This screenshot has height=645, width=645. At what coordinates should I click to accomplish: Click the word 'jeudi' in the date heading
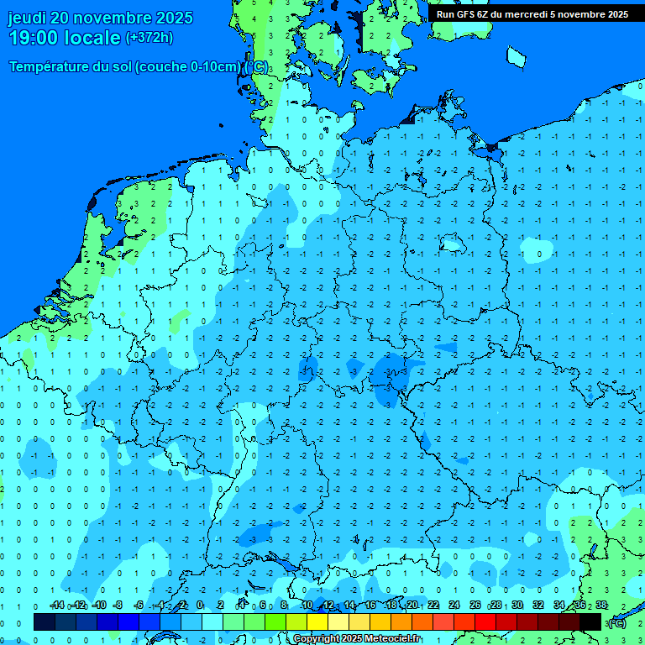(x=27, y=18)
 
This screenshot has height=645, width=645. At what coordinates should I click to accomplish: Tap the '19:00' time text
(x=34, y=38)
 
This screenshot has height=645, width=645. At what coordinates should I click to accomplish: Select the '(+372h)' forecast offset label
(x=149, y=38)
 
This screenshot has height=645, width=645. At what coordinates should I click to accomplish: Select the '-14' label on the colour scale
(x=57, y=606)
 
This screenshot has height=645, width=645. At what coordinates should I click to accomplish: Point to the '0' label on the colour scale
(x=200, y=606)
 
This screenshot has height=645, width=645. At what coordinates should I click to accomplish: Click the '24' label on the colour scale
(x=454, y=606)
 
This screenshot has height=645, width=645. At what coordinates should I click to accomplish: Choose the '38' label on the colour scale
(x=601, y=606)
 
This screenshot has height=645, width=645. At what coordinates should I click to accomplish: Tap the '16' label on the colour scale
(x=370, y=606)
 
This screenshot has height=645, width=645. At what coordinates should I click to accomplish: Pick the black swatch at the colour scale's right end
(x=590, y=621)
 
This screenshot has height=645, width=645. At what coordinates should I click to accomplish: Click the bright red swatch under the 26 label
(x=485, y=621)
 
